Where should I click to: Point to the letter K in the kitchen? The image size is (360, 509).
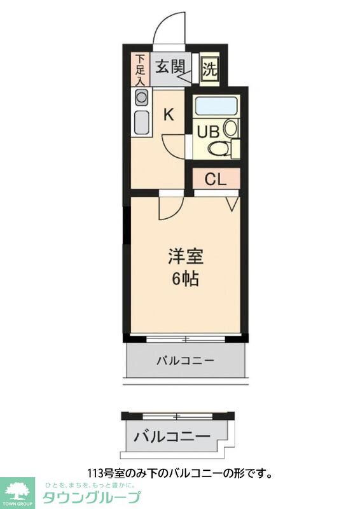coord(169,115)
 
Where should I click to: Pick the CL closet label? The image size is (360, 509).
coord(215,179)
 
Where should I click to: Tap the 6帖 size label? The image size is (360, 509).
coord(185,278)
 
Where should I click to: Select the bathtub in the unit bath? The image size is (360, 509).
coord(216,106)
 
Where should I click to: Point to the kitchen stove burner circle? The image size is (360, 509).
coord(141,97)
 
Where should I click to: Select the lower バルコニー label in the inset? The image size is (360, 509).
coord(172,437)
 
